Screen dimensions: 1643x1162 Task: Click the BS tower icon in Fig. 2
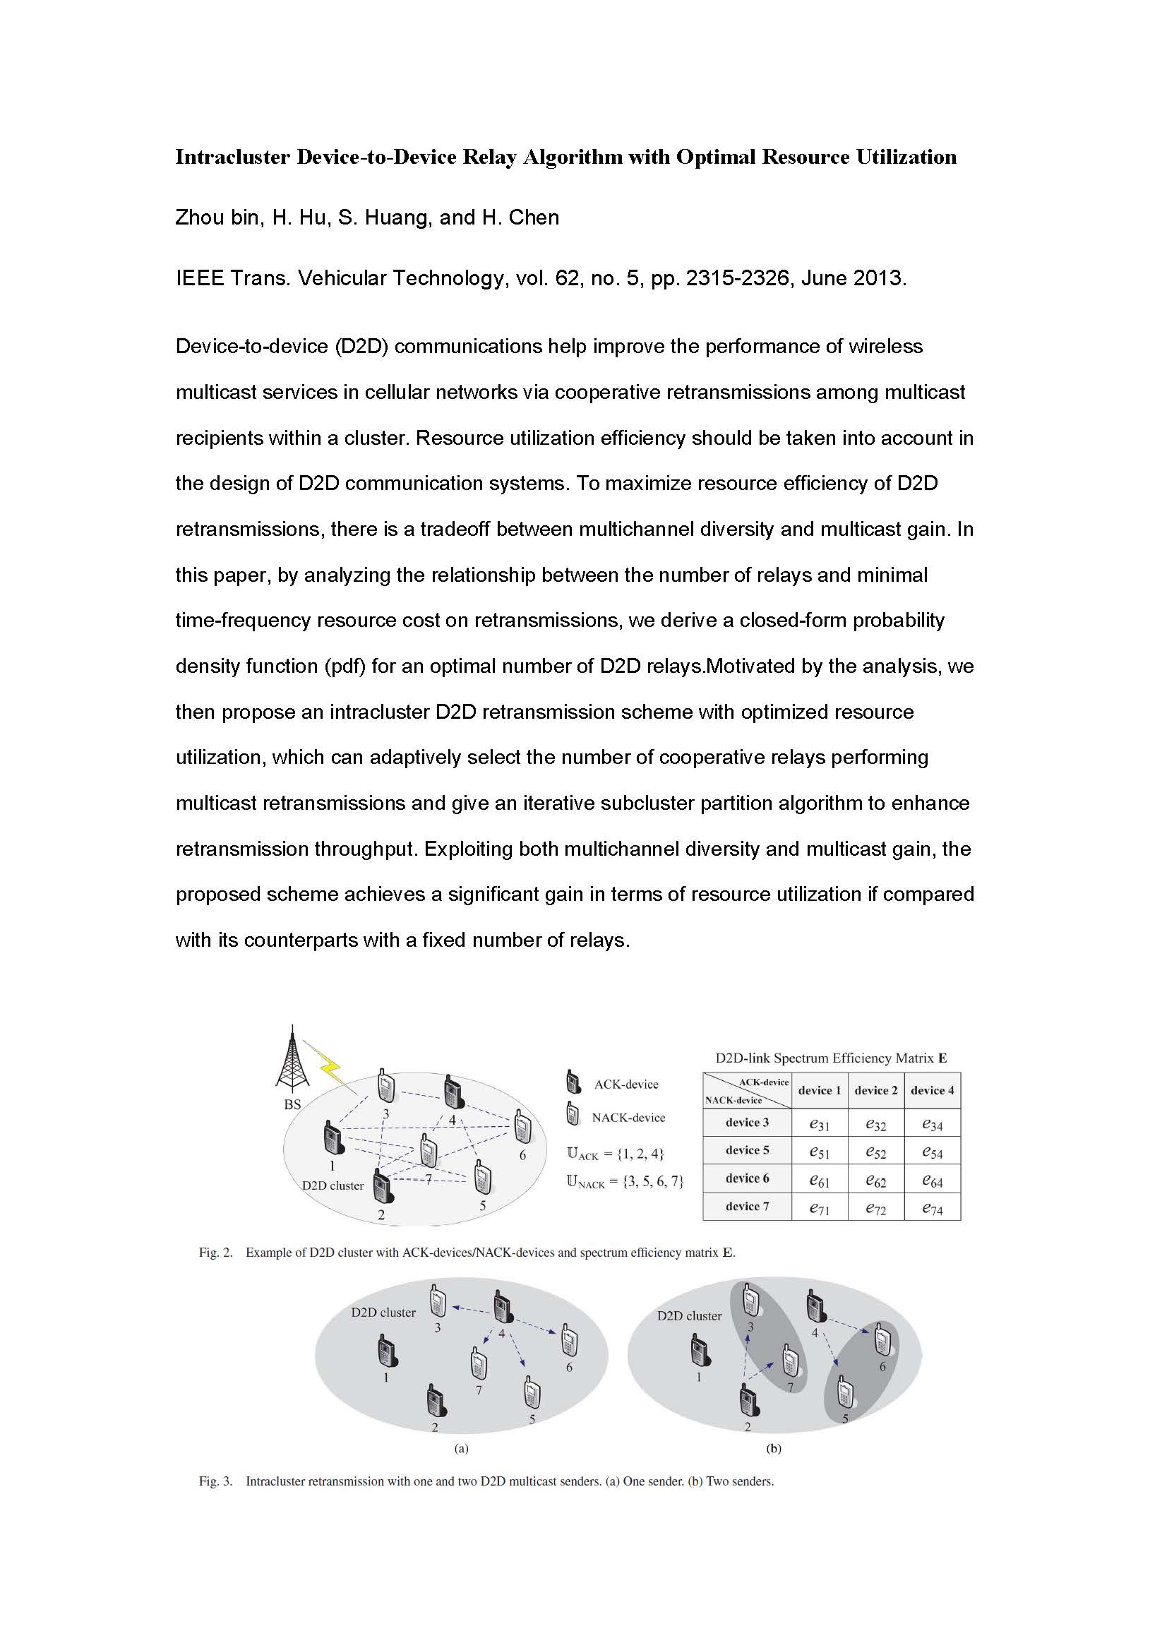pos(292,1057)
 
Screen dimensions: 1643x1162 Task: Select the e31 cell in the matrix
pos(820,1124)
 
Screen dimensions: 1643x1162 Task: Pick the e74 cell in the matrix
pos(932,1209)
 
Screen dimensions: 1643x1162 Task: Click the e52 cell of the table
pos(875,1152)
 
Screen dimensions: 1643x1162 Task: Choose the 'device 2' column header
pos(875,1091)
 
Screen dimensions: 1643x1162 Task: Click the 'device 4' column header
pos(932,1091)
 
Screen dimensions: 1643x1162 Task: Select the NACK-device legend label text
pos(628,1117)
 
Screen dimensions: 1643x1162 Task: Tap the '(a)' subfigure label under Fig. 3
pos(462,1448)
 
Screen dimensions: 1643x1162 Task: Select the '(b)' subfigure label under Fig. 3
pos(774,1448)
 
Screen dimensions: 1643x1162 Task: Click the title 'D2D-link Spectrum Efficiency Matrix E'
pos(831,1058)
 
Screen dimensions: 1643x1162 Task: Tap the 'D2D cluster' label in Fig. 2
pos(333,1185)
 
